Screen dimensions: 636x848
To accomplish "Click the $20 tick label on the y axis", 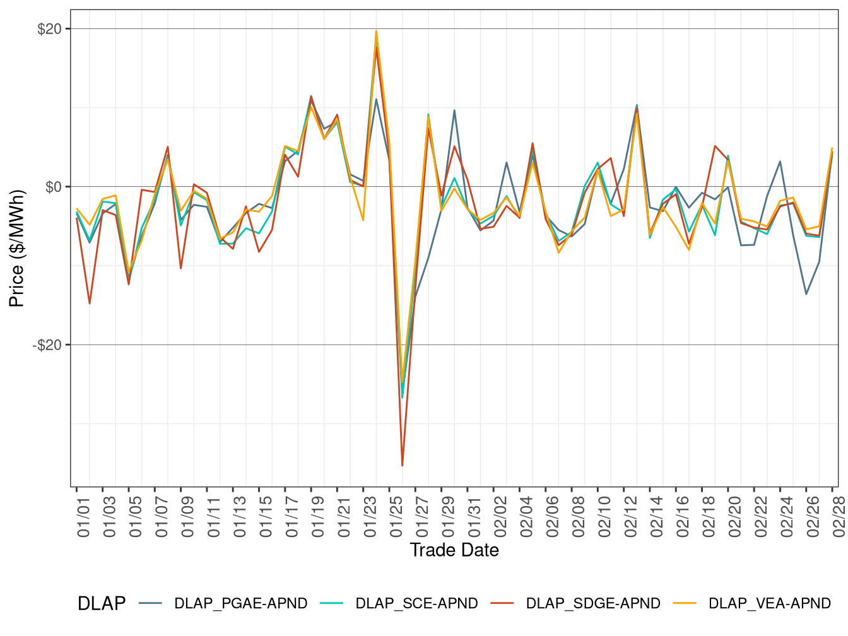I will pyautogui.click(x=49, y=29).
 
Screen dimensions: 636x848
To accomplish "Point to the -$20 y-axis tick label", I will pyautogui.click(x=47, y=345).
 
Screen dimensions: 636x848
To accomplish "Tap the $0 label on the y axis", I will pyautogui.click(x=53, y=187).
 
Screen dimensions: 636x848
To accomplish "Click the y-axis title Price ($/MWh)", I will pyautogui.click(x=17, y=249).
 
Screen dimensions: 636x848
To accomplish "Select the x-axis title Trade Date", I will pyautogui.click(x=454, y=550).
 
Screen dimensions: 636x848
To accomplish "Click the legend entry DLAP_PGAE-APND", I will pyautogui.click(x=240, y=604).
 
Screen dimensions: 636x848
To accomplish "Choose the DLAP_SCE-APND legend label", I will pyautogui.click(x=416, y=604).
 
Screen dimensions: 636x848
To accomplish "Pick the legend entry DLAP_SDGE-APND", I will pyautogui.click(x=592, y=604).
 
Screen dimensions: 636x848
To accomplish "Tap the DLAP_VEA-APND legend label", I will pyautogui.click(x=769, y=604).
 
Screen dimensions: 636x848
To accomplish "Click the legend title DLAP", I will pyautogui.click(x=101, y=604).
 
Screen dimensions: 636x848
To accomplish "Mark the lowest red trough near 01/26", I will pyautogui.click(x=403, y=466).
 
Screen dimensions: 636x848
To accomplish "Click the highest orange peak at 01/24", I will pyautogui.click(x=376, y=31).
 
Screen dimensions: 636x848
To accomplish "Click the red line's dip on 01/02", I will pyautogui.click(x=90, y=303).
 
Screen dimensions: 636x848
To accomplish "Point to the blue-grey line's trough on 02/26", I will pyautogui.click(x=806, y=294).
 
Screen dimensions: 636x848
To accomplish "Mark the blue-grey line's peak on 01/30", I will pyautogui.click(x=454, y=110).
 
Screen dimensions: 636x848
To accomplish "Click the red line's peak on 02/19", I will pyautogui.click(x=715, y=146).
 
